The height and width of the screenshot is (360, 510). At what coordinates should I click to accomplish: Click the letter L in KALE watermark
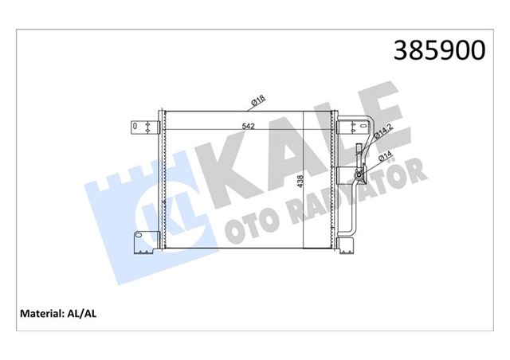pyautogui.click(x=331, y=135)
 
